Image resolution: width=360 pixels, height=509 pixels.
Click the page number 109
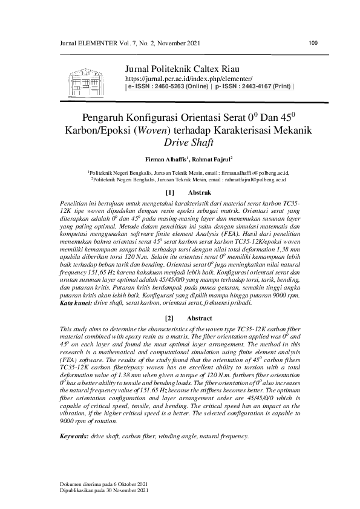coord(313,42)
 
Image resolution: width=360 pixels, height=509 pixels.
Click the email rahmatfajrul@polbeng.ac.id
coord(254,179)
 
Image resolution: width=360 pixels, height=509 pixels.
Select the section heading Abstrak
coord(198,192)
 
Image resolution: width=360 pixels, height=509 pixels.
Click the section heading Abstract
coord(199,318)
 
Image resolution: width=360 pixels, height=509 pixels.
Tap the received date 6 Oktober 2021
coord(128,484)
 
